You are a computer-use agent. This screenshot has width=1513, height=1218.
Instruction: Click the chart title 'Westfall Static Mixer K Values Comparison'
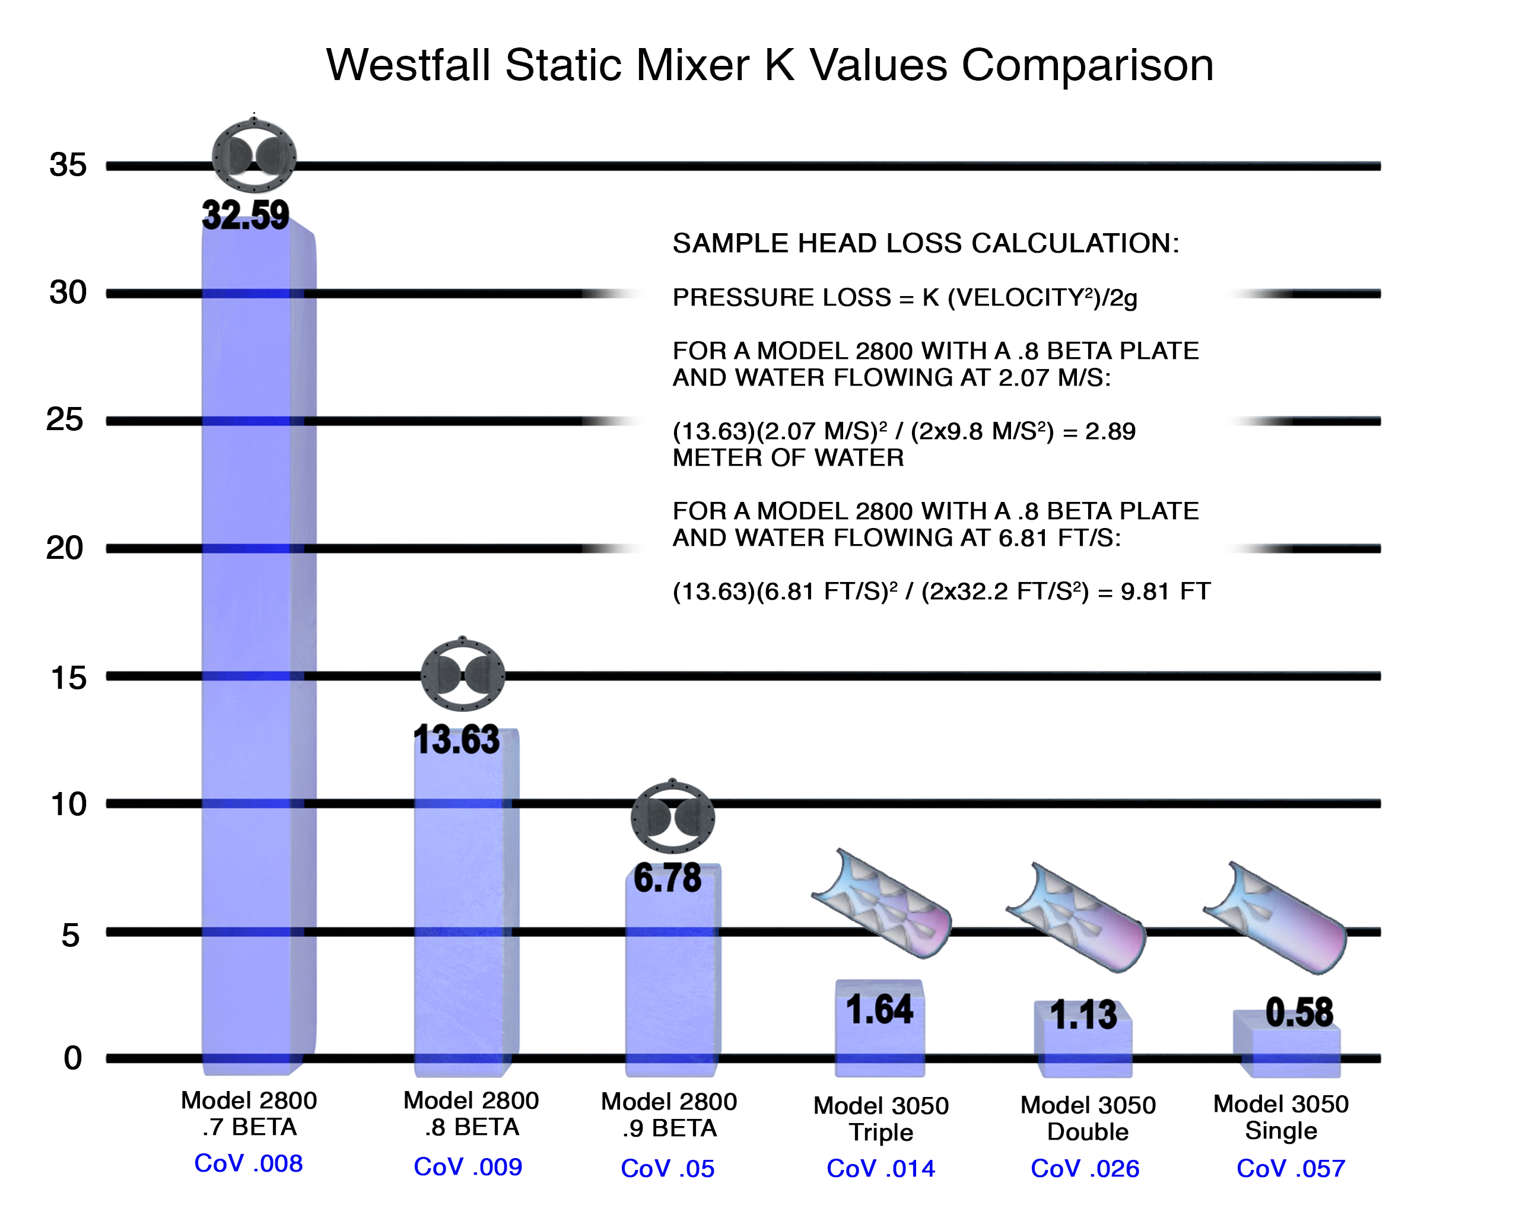(x=770, y=65)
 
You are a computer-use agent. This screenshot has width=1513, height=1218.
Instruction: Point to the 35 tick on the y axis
(x=68, y=165)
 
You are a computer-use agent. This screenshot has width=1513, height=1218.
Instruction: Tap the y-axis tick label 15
(x=68, y=678)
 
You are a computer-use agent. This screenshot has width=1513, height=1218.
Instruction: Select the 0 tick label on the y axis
(x=72, y=1057)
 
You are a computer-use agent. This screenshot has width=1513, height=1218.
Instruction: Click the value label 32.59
(x=246, y=215)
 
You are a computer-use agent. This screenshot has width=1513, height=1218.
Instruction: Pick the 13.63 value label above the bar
(x=457, y=740)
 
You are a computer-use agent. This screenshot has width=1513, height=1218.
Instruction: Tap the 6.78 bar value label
(x=667, y=879)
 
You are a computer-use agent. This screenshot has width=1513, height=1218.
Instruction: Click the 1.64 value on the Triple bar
(x=879, y=1010)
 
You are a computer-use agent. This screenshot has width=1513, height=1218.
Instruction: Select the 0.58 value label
(x=1299, y=1012)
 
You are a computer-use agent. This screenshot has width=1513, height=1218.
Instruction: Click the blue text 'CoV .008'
(x=249, y=1163)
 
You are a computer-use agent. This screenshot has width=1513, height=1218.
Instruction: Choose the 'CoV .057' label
(x=1290, y=1168)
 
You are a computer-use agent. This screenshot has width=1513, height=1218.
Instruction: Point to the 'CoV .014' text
(x=881, y=1168)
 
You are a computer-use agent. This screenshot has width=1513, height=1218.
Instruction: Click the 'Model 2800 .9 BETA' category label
(x=669, y=1115)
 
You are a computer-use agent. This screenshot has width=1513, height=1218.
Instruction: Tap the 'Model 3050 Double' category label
(x=1088, y=1118)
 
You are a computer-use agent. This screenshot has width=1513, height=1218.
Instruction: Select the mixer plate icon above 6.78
(x=672, y=817)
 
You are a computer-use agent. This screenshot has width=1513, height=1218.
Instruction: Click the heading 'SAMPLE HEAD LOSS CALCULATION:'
(x=926, y=243)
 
